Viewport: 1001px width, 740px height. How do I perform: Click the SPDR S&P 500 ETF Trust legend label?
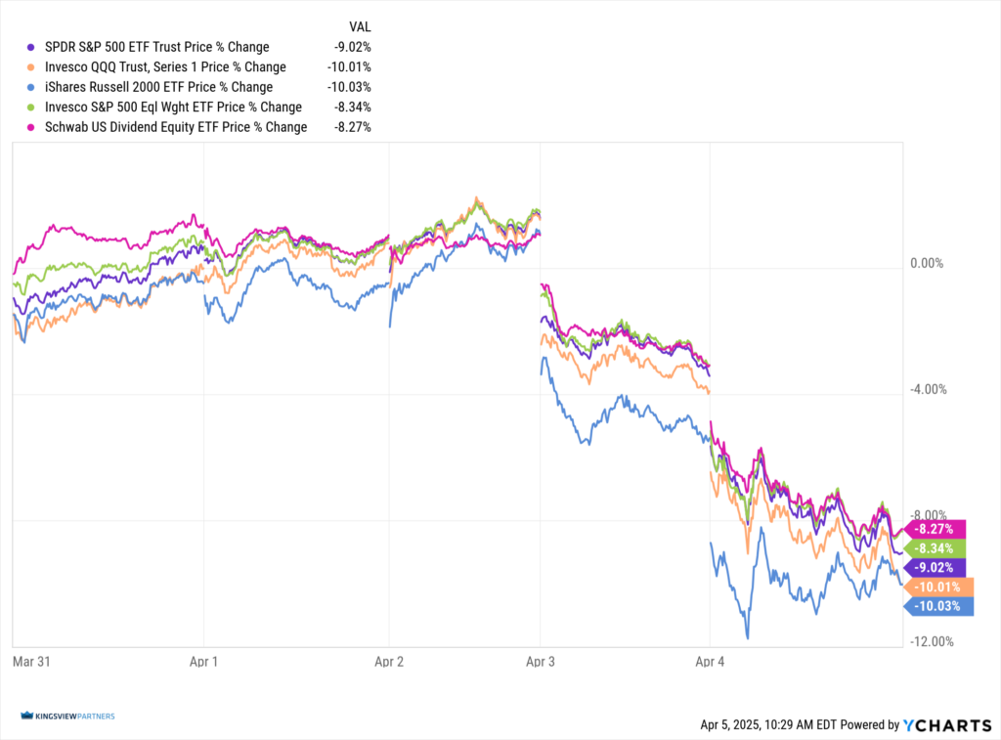point(156,47)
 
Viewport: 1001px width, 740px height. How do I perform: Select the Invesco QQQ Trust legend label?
point(165,66)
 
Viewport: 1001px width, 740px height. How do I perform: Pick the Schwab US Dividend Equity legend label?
point(176,127)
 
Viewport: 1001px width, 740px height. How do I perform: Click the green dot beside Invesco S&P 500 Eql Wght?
point(32,108)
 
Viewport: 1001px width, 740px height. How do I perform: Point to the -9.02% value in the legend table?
point(352,47)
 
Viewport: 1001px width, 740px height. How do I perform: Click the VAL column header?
point(360,26)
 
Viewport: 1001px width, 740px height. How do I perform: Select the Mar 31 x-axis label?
point(30,661)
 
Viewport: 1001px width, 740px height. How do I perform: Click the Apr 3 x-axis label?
point(539,661)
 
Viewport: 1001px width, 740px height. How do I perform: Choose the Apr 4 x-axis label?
point(710,661)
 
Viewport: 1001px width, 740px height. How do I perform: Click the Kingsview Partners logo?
point(67,717)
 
